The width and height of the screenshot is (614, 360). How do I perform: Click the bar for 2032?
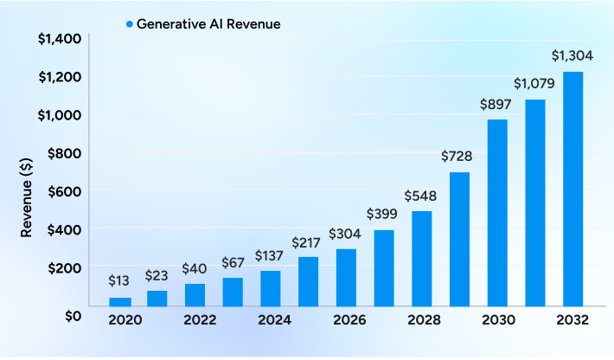click(x=572, y=189)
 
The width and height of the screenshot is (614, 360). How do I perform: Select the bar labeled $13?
click(x=120, y=301)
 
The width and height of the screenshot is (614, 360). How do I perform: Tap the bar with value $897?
click(x=496, y=212)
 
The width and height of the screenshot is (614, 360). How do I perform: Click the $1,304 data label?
click(x=572, y=55)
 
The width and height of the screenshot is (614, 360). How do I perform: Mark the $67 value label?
click(x=233, y=261)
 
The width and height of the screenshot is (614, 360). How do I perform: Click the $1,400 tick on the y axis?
click(x=59, y=38)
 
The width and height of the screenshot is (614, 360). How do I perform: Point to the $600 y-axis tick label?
click(x=64, y=190)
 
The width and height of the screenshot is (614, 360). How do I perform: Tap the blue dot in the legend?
click(x=128, y=24)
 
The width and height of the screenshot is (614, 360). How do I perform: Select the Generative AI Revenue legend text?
click(x=208, y=24)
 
